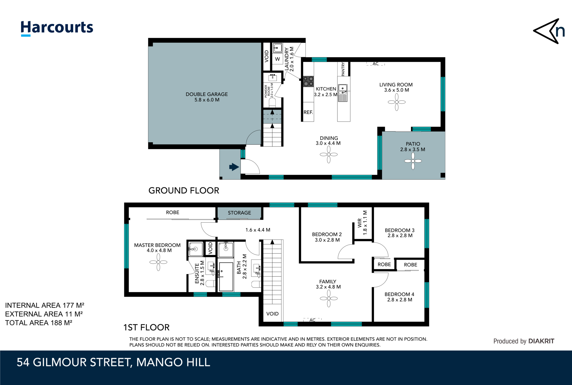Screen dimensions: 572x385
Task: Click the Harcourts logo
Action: (x=57, y=28)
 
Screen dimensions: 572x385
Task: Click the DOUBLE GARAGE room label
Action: (x=207, y=94)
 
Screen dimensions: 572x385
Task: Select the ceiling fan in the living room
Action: (x=397, y=102)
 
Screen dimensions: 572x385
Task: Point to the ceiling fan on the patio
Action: (x=413, y=161)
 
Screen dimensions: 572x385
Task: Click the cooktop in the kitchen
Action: (x=308, y=81)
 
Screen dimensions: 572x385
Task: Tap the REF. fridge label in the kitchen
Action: (x=308, y=112)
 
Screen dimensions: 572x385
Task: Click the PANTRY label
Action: (x=343, y=69)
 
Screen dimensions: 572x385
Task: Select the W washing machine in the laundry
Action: (x=277, y=59)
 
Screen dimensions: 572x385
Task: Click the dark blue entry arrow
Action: (x=234, y=167)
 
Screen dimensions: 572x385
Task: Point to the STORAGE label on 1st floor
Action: (x=239, y=213)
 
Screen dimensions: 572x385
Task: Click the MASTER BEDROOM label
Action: (x=157, y=245)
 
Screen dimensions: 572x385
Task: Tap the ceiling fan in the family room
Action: (x=329, y=299)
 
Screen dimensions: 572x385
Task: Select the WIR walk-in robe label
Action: (x=360, y=223)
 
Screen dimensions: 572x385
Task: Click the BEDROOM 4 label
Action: (x=399, y=294)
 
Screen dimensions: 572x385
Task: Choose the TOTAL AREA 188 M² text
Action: (x=39, y=323)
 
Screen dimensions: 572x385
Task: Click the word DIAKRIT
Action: (x=541, y=341)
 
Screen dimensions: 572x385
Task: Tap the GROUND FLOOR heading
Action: (x=184, y=191)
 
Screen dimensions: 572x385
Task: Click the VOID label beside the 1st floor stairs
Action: (x=272, y=314)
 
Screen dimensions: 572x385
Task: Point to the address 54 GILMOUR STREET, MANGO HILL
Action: (x=113, y=362)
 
